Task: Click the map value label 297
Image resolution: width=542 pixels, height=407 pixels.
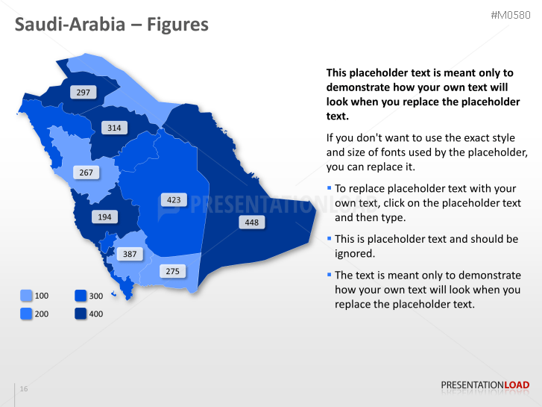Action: [x=83, y=93]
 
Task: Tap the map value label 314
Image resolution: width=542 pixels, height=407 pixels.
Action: [x=113, y=128]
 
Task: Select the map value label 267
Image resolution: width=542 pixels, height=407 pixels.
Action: [x=86, y=173]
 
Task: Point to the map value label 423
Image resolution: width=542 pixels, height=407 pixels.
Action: [x=173, y=200]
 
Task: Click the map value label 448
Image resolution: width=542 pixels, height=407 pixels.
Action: [x=251, y=223]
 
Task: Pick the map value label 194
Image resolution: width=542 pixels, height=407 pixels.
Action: [x=104, y=217]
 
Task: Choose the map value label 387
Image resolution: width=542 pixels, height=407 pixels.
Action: [x=129, y=254]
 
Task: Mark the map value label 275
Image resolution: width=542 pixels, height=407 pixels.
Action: [x=172, y=271]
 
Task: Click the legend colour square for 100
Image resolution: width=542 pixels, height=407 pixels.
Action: [x=26, y=296]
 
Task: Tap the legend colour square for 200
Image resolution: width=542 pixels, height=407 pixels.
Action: [x=26, y=314]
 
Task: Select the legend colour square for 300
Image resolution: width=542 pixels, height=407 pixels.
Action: [x=81, y=296]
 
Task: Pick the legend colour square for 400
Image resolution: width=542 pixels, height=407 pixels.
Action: [x=81, y=314]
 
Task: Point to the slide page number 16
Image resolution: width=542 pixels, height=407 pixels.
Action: [x=24, y=390]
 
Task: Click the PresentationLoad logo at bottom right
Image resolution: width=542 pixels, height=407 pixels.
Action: [x=485, y=385]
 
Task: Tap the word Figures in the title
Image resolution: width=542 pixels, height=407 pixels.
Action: [x=177, y=25]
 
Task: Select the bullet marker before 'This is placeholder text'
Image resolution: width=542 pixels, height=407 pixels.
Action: [x=329, y=238]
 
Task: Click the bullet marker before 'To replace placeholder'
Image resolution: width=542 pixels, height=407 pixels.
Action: [x=329, y=188]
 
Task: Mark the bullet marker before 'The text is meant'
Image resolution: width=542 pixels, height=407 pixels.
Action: [x=329, y=274]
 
